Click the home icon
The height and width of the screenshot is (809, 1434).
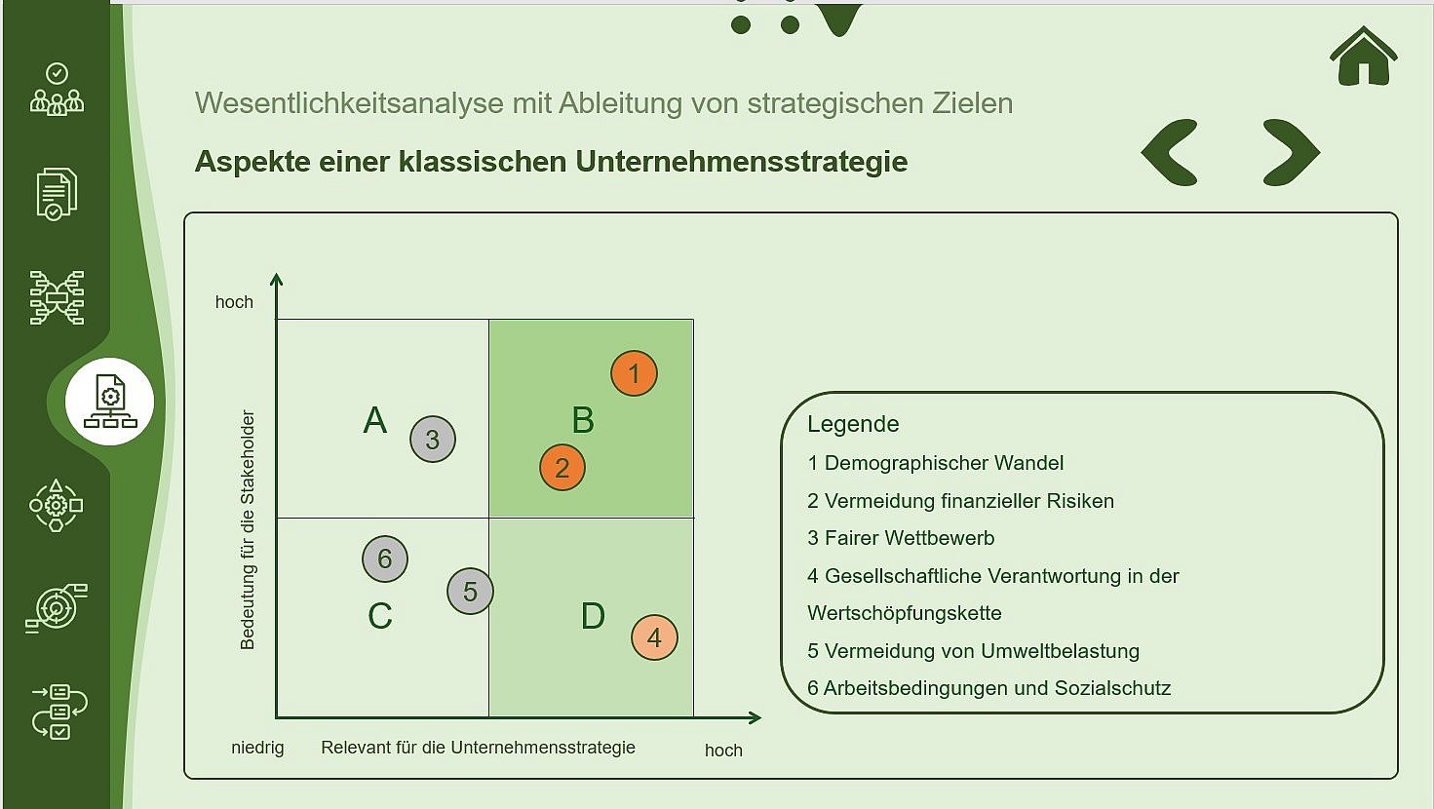(1363, 57)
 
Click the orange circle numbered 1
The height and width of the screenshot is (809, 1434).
(634, 373)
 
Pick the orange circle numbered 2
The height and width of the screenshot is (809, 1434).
(562, 468)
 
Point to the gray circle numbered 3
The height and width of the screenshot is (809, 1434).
(433, 439)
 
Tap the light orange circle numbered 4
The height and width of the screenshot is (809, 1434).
(654, 637)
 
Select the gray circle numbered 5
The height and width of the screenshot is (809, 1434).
(470, 592)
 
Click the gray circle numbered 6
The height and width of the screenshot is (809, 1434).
(385, 559)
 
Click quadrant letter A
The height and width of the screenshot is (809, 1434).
(375, 420)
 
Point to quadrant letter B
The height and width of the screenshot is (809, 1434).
(583, 420)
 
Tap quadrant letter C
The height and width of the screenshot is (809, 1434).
(379, 616)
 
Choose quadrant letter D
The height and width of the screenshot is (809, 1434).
(593, 616)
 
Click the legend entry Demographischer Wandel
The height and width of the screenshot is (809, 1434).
(935, 463)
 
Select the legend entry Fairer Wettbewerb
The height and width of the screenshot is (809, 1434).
(901, 538)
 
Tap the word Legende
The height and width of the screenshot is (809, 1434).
(853, 424)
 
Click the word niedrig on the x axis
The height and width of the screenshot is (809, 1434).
(257, 748)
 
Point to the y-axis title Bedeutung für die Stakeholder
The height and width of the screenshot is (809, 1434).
(247, 530)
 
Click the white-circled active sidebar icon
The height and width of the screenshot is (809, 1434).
(110, 402)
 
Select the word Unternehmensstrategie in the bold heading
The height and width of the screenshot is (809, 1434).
(741, 161)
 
